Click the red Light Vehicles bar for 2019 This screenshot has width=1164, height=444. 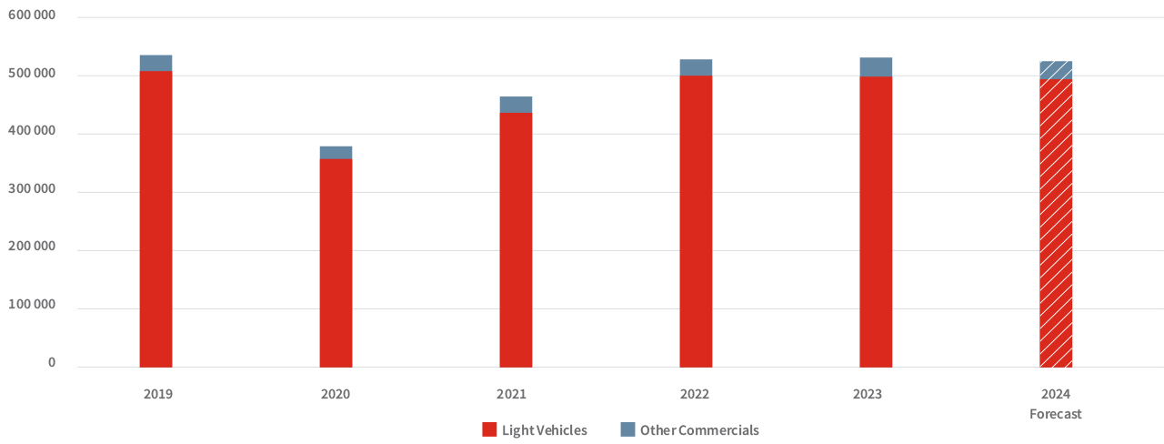[156, 218]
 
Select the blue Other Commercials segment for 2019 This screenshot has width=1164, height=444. [156, 63]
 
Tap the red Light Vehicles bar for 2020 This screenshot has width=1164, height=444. [336, 263]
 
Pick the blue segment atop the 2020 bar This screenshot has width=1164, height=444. [336, 153]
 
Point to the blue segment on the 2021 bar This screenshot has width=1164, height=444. [516, 105]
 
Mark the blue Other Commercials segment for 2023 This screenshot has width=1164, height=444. [876, 66]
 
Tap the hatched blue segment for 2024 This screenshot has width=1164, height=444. [1056, 70]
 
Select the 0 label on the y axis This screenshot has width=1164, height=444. [52, 363]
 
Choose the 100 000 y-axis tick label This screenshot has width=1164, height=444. [33, 305]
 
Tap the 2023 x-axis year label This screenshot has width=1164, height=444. [867, 394]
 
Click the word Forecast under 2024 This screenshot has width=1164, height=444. [1056, 414]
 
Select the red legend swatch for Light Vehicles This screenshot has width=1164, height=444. [489, 429]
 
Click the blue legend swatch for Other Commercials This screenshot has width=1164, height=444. [627, 429]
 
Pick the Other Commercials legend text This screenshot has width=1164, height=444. [698, 429]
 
